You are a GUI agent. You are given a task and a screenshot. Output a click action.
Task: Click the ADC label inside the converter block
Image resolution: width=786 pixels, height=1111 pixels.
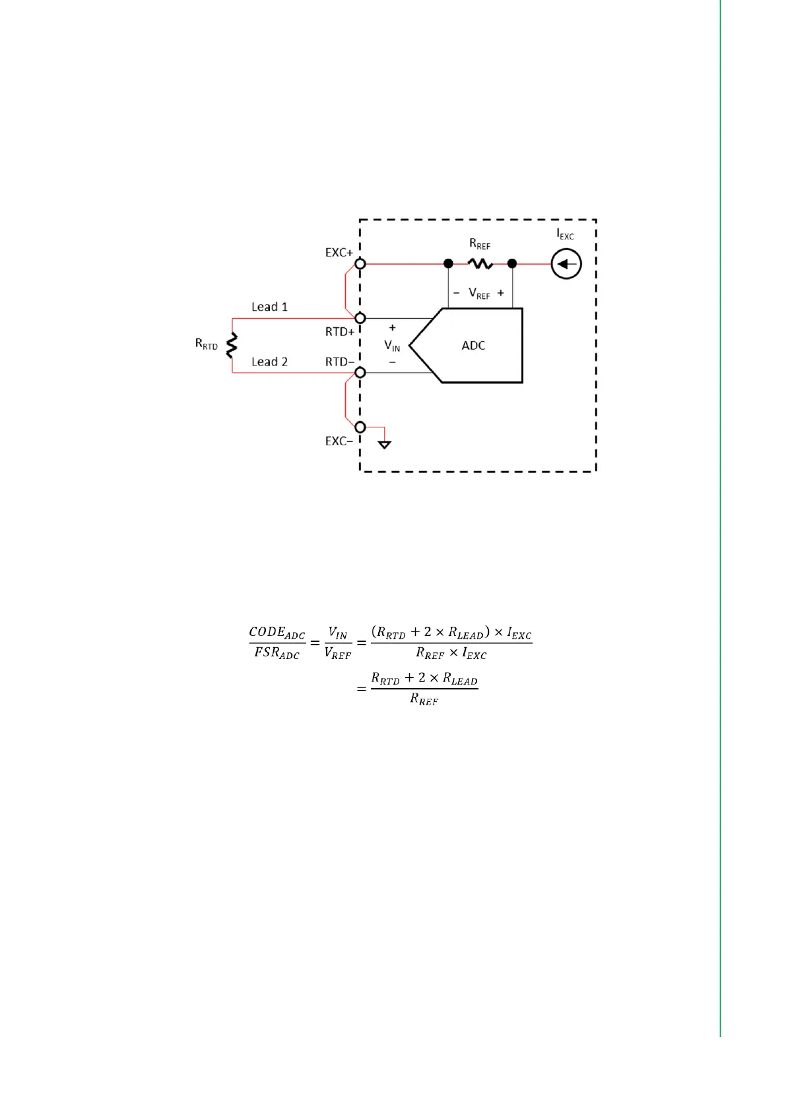(x=473, y=346)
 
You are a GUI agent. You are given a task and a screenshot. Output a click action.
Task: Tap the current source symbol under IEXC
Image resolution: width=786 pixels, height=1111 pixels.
(x=566, y=264)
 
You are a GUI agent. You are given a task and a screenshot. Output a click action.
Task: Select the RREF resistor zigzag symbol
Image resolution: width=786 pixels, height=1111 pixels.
(x=480, y=264)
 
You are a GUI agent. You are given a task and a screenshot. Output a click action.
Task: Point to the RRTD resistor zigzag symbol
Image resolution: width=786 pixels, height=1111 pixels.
(x=232, y=345)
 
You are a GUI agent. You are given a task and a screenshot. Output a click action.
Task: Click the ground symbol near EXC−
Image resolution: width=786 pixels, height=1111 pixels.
(x=385, y=445)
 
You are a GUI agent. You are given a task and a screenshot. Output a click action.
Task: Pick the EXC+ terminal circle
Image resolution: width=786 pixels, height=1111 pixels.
(x=360, y=264)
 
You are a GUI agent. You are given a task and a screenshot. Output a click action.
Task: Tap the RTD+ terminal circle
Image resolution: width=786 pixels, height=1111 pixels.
(x=360, y=319)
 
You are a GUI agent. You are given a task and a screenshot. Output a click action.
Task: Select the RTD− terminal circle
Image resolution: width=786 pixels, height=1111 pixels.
(x=360, y=373)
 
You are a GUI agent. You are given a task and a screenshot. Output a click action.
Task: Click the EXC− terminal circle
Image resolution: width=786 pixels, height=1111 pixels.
(x=360, y=428)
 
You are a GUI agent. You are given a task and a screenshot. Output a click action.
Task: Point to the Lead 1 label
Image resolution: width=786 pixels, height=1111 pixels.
(x=269, y=307)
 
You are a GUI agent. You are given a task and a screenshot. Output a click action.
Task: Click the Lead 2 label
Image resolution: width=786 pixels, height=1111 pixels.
(x=269, y=362)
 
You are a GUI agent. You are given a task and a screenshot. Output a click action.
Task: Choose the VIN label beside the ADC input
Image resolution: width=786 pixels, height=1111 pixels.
(x=392, y=345)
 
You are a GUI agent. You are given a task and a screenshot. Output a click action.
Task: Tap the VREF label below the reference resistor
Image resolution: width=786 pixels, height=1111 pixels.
(x=479, y=294)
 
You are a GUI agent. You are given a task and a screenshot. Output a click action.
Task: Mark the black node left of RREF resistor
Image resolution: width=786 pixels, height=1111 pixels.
(x=448, y=264)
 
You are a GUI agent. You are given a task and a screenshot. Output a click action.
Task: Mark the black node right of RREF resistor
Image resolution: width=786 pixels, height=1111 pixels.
(x=512, y=264)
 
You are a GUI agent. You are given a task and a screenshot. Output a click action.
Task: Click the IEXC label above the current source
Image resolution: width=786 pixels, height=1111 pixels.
(x=565, y=234)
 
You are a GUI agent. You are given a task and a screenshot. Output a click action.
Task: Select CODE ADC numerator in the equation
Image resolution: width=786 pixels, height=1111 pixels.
(x=277, y=632)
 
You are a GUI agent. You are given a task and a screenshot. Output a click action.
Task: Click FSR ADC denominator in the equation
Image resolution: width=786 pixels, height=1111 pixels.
(x=277, y=653)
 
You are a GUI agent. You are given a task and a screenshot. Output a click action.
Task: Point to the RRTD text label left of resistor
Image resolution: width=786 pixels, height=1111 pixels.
(x=206, y=344)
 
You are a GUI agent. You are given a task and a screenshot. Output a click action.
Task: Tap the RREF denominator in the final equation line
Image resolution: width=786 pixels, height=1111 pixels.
(x=424, y=699)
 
